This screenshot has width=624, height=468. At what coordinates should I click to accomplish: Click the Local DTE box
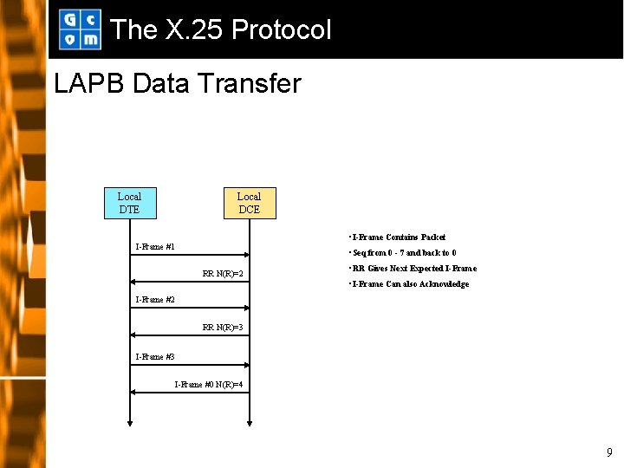pos(129,203)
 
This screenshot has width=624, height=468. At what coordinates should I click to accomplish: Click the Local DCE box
pos(249,203)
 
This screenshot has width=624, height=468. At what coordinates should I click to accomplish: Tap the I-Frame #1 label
pos(155,247)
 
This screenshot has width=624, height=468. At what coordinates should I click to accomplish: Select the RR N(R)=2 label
pos(223,274)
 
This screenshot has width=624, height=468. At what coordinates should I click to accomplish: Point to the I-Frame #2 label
pos(155,300)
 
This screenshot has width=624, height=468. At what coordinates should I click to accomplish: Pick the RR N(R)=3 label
pos(223,328)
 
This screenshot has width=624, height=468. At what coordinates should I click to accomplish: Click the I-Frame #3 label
pos(155,357)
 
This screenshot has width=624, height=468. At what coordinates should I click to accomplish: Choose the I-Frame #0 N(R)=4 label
pos(208,384)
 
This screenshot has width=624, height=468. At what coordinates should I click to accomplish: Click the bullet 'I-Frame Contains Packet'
pos(397,237)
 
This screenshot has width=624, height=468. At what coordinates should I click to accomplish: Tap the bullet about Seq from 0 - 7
pos(402,253)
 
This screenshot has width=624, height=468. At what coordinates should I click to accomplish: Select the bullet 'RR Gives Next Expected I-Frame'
pos(412,269)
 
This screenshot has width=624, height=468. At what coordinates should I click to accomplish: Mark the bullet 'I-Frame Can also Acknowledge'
pos(408,284)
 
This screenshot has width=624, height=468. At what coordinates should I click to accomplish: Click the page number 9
pos(609,452)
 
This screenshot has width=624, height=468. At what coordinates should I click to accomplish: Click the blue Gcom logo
pos(79,29)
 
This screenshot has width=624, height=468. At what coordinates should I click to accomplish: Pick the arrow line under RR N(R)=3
pos(190,335)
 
